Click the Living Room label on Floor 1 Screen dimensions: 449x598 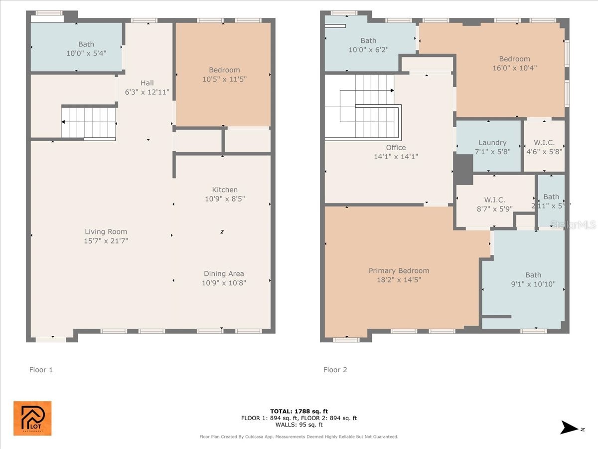click(106, 231)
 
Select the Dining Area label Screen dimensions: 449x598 click(224, 273)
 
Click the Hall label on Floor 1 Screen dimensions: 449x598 click(147, 83)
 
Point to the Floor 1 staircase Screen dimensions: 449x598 click(89, 123)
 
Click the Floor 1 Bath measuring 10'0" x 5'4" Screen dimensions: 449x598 click(86, 48)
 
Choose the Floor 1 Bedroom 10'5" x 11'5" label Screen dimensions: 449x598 click(224, 74)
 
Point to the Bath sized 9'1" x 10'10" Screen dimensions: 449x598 click(533, 279)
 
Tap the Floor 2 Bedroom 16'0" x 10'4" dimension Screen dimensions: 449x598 click(514, 68)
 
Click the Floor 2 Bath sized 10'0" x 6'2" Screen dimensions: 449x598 click(368, 45)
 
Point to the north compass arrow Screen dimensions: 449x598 click(570, 428)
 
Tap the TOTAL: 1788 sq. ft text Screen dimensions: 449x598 click(299, 411)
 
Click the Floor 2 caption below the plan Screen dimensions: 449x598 click(335, 370)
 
